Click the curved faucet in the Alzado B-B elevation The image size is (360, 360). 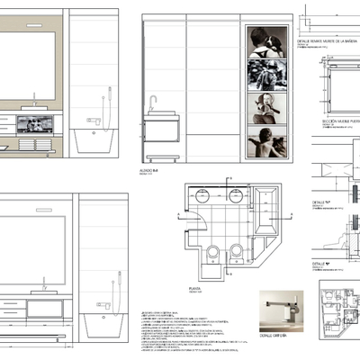pyautogui.click(x=154, y=101)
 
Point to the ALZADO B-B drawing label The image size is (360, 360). pyautogui.click(x=151, y=168)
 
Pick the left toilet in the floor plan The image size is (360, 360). pyautogui.click(x=214, y=253)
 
